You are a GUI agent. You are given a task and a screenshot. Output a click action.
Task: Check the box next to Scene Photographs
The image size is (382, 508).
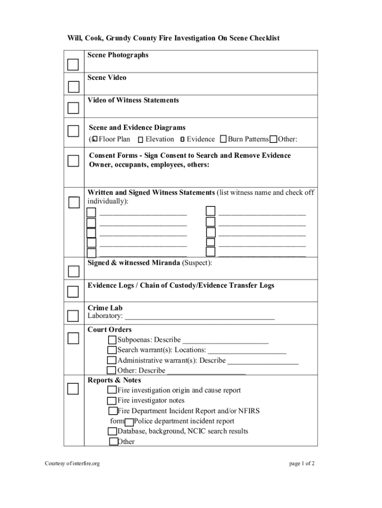pos(73,64)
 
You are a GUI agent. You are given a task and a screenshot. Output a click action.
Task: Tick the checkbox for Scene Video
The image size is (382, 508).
pos(73,87)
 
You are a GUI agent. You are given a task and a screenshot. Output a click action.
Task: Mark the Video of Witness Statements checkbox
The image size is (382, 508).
pos(73,108)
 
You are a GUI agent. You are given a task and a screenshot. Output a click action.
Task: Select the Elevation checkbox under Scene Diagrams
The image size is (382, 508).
pos(140,140)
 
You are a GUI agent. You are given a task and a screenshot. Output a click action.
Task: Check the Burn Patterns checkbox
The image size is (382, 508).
pos(223,139)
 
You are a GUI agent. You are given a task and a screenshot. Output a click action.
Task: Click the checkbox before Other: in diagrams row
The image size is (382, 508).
pos(273,139)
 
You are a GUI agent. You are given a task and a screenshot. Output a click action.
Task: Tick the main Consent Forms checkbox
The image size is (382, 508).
pos(73,161)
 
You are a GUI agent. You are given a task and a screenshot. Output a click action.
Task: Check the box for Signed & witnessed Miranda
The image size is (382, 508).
pos(73,271)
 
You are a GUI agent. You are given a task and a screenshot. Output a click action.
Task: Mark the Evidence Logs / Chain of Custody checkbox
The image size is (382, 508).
pos(73,291)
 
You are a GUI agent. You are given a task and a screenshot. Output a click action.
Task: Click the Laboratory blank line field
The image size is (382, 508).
pos(199,316)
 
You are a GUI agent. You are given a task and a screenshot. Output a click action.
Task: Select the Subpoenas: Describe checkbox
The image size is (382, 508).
pos(112,340)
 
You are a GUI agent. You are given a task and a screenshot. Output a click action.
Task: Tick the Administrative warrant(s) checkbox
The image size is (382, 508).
pos(112,361)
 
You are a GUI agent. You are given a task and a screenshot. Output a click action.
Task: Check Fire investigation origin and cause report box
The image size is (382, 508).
pos(112,390)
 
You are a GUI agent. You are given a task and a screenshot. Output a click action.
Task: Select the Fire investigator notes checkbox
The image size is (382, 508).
pos(112,401)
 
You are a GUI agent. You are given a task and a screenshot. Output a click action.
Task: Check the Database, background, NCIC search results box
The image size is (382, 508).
pos(112,432)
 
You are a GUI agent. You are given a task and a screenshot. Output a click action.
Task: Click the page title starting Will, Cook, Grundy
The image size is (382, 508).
pos(174,38)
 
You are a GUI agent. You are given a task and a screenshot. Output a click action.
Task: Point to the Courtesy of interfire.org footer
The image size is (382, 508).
pos(72,464)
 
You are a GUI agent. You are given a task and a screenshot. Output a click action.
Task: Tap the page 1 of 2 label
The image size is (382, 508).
pos(302,464)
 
